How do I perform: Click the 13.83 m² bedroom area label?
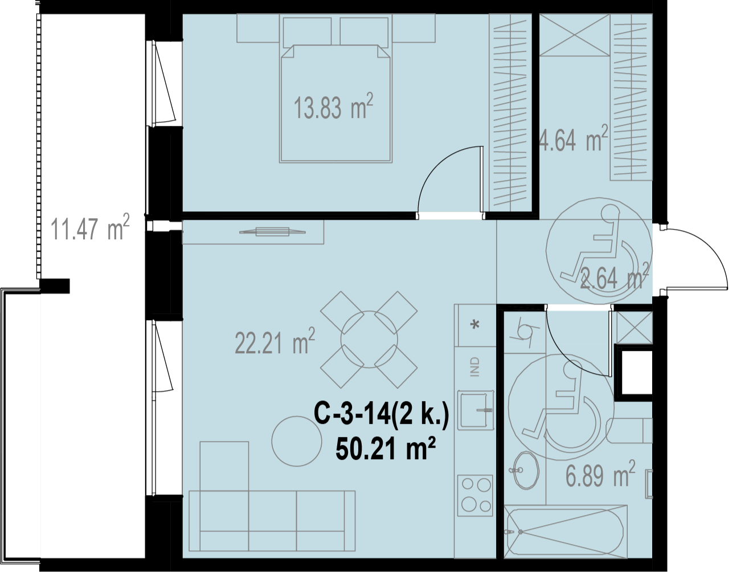[333, 107]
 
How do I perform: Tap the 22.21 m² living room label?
[275, 341]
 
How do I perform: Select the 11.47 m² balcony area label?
[90, 227]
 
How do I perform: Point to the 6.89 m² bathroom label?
[600, 474]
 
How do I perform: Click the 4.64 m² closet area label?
[573, 138]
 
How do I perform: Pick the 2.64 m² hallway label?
[614, 276]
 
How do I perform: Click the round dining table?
[369, 340]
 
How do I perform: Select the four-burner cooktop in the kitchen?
[475, 496]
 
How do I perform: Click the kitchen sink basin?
[476, 410]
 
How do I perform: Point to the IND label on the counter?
[475, 367]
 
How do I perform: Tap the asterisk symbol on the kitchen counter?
[476, 324]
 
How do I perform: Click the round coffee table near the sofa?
[297, 442]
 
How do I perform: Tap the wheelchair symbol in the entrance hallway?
[599, 251]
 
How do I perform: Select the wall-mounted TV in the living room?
[272, 232]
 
